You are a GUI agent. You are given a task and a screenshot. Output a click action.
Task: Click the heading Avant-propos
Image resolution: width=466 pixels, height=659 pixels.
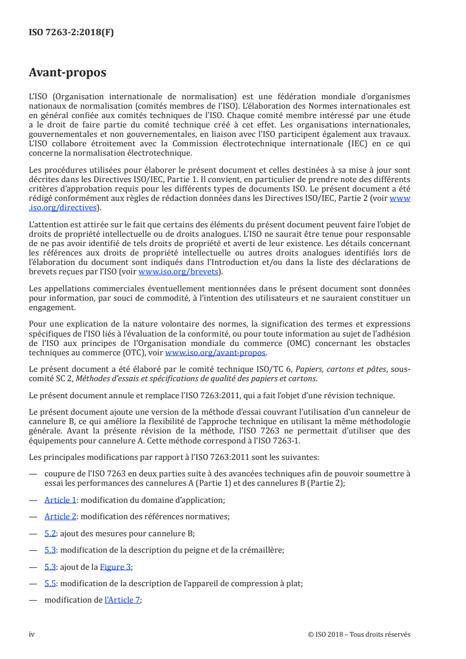(68, 73)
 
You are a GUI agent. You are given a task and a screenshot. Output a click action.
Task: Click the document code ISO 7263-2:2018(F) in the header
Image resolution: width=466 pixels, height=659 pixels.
(71, 33)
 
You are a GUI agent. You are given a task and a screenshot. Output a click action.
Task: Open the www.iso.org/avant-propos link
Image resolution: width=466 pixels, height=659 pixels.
(216, 353)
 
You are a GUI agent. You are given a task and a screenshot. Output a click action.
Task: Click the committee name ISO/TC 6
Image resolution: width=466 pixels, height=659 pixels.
(274, 369)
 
